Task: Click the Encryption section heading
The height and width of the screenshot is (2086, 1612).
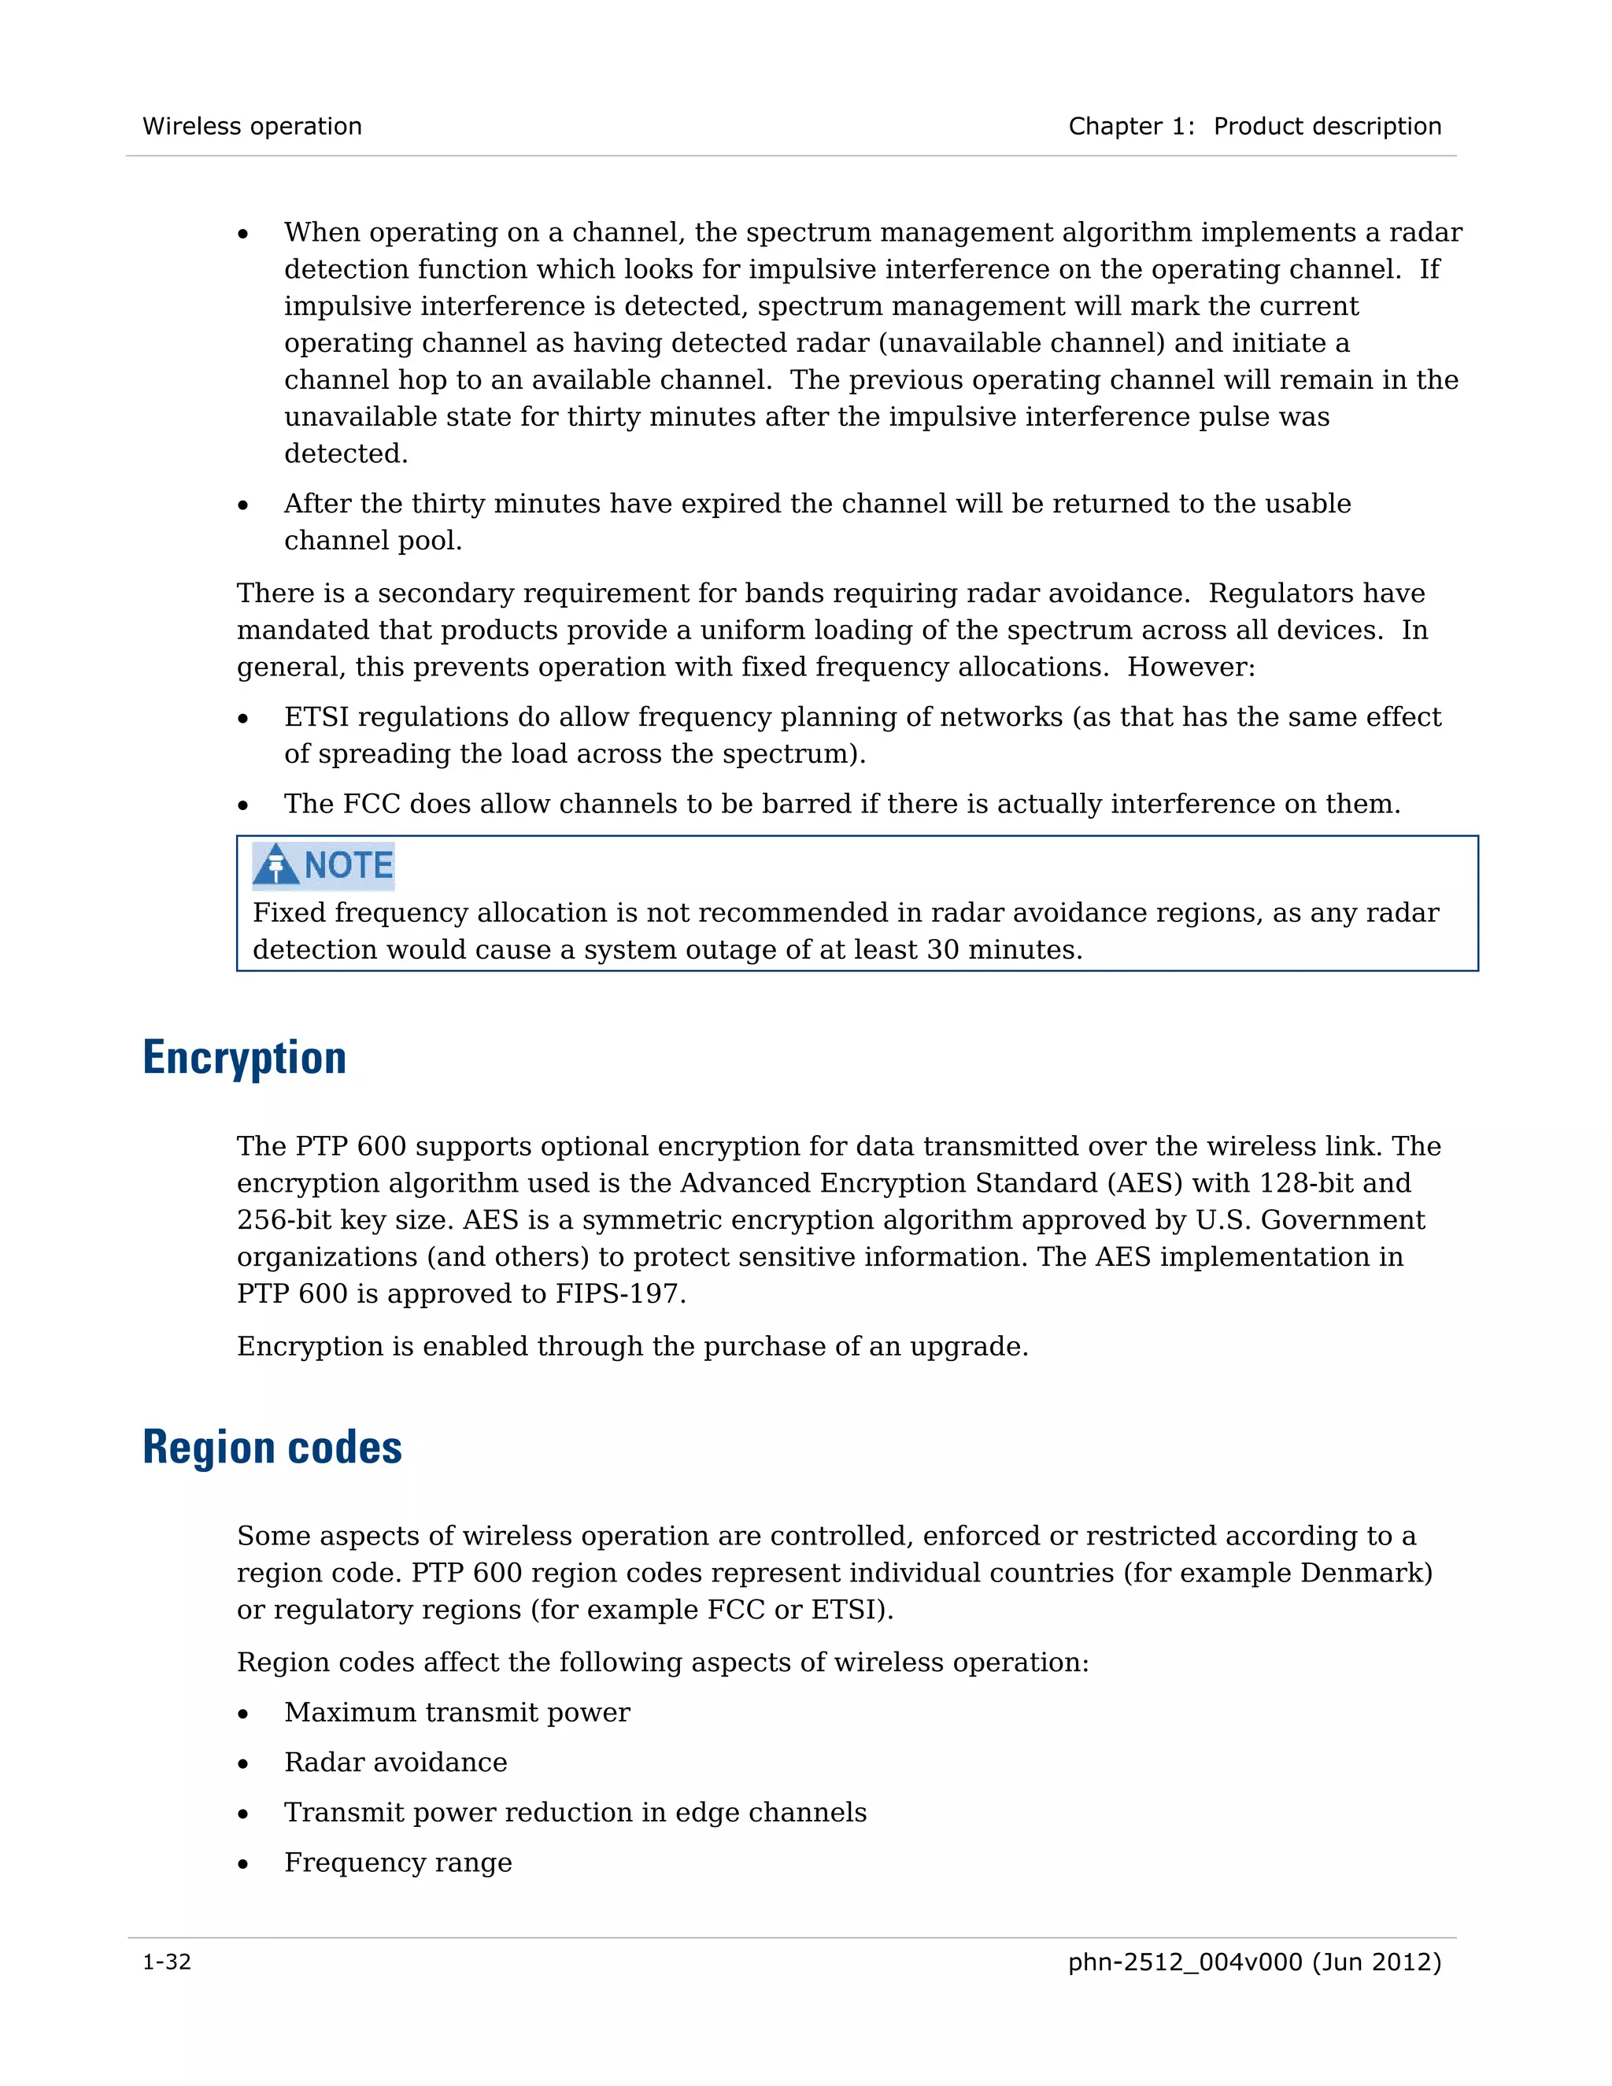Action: (245, 1058)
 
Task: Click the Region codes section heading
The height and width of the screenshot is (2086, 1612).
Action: (272, 1448)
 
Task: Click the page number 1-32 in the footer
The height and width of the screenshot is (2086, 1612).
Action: (167, 1962)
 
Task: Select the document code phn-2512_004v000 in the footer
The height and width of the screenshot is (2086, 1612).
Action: (1184, 1962)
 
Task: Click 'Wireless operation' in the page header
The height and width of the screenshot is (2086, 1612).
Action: (252, 126)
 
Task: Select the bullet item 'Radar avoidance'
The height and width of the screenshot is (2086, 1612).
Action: (395, 1762)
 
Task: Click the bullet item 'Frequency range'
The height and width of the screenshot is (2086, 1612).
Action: (398, 1862)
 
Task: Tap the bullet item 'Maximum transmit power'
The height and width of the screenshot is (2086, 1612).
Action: (457, 1713)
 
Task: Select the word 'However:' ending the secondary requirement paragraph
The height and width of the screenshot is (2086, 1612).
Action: (1191, 667)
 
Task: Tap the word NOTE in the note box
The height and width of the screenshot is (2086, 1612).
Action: (349, 864)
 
